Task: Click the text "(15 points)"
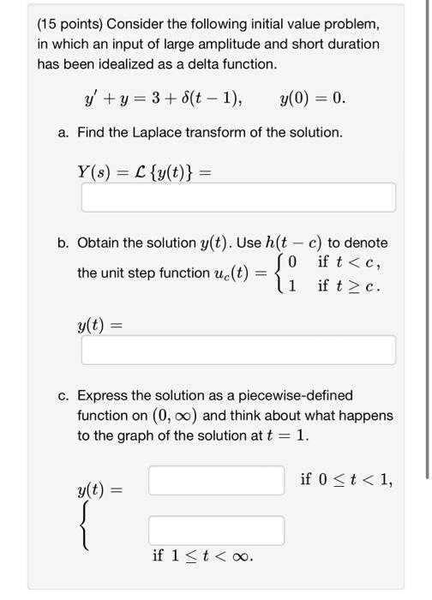point(73,23)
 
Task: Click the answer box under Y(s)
point(238,197)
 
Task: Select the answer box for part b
point(238,349)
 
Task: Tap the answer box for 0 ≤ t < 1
point(216,480)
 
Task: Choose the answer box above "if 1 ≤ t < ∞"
point(216,530)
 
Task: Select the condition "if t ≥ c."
point(348,285)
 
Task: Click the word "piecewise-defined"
point(296,396)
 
